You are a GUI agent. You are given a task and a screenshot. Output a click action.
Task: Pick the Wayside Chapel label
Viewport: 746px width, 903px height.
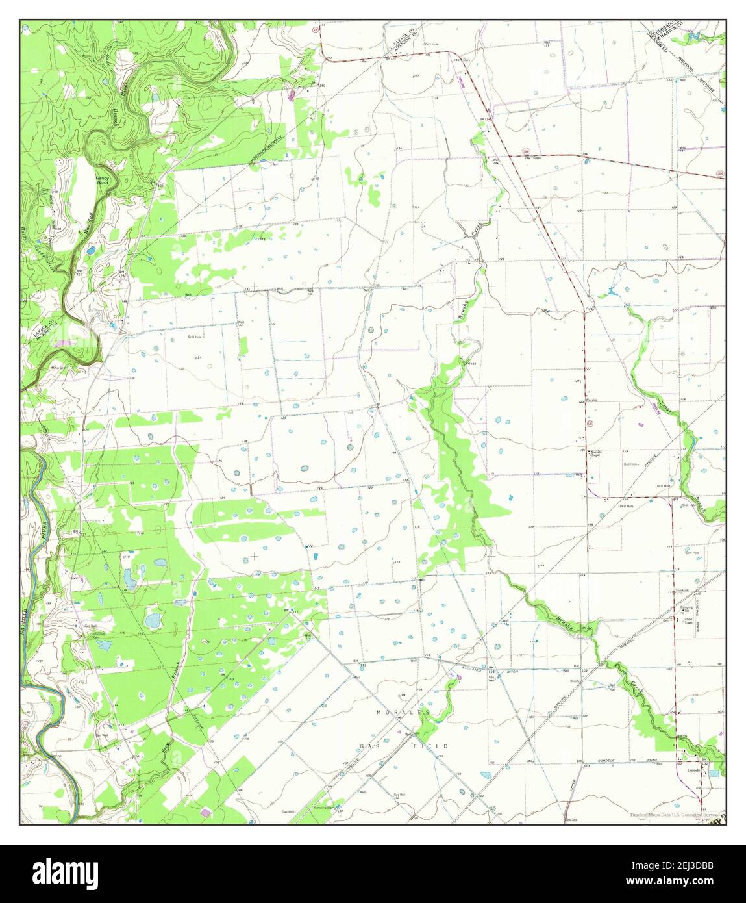point(595,453)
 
